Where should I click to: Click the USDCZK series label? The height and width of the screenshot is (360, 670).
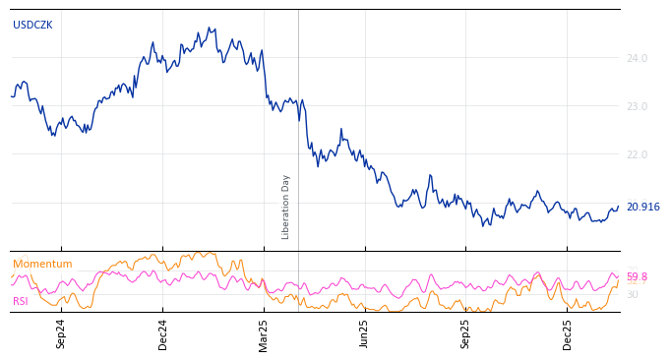pos(32,26)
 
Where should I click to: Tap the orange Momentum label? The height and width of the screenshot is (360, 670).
pos(42,265)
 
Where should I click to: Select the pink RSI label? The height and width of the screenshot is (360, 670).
pos(21,302)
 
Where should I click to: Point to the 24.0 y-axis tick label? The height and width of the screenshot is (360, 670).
pos(637,59)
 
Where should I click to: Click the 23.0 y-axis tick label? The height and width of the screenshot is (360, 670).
pos(637,106)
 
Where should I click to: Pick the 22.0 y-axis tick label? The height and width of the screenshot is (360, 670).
pos(637,155)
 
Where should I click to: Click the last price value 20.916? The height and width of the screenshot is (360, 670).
pos(642,208)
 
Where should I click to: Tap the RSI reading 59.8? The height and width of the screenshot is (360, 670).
pos(637,277)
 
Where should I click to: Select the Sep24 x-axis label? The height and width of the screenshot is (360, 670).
pos(61,333)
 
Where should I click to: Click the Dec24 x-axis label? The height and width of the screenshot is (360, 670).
pos(163,333)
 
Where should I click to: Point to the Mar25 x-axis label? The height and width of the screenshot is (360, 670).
pos(264,333)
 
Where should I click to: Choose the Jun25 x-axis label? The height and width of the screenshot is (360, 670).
pos(365,333)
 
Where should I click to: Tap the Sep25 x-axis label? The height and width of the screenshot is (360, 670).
pos(466,333)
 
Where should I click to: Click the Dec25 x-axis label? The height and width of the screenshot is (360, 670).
pos(568,333)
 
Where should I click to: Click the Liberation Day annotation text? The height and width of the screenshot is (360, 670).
pos(286,207)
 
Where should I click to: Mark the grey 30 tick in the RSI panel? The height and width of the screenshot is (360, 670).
pos(633,295)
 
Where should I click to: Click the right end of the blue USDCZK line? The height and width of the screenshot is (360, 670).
pos(619,207)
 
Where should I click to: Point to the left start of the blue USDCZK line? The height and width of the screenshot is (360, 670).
pos(11,95)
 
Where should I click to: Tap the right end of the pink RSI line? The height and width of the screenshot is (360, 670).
pos(619,276)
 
